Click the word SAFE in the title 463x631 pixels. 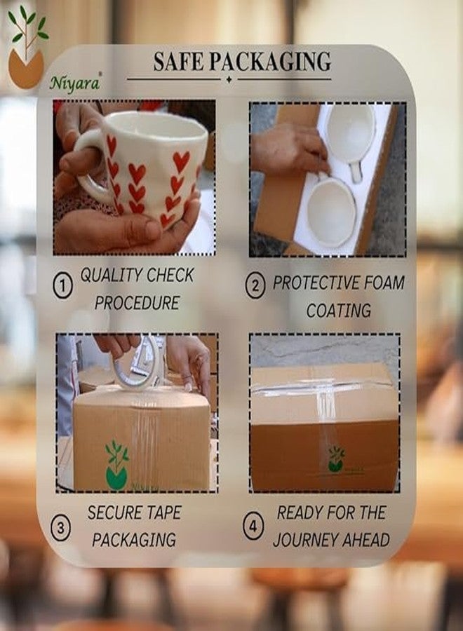(x=179, y=62)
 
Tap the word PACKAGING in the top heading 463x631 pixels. (x=271, y=62)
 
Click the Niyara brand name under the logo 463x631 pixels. (x=75, y=83)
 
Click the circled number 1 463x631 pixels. (x=63, y=287)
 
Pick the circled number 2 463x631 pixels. (x=255, y=287)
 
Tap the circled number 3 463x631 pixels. (x=61, y=527)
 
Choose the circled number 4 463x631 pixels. (x=253, y=527)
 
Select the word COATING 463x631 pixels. (x=339, y=311)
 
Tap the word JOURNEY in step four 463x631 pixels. (x=306, y=540)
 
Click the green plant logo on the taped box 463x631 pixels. (x=117, y=466)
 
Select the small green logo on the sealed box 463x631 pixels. (x=336, y=459)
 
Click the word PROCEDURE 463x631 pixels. (x=137, y=303)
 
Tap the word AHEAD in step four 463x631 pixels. (x=366, y=540)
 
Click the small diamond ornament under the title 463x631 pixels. (x=229, y=79)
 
